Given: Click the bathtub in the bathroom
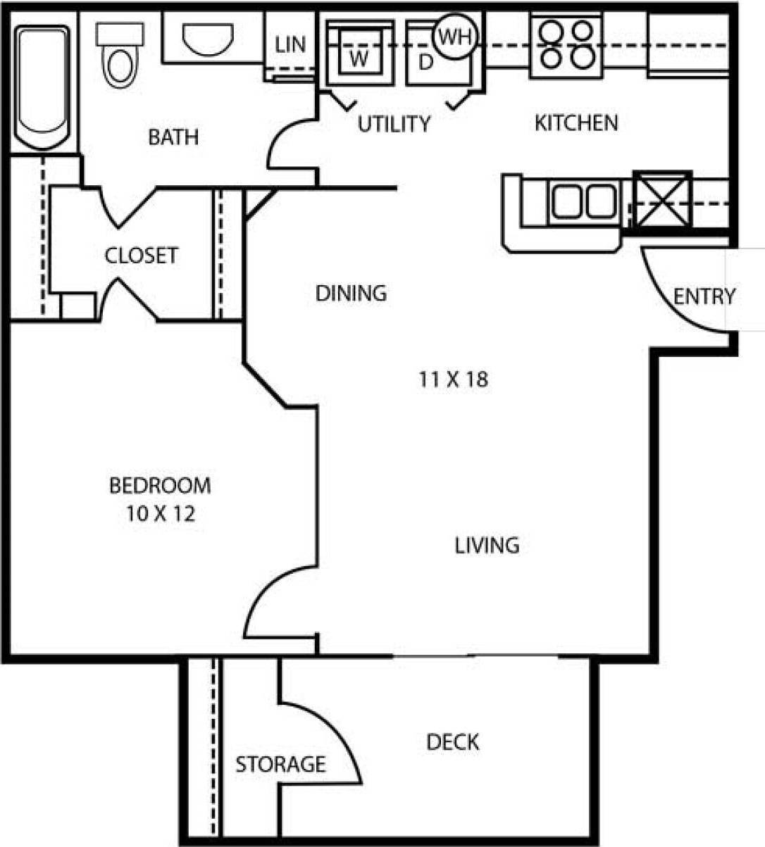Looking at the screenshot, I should pyautogui.click(x=42, y=88).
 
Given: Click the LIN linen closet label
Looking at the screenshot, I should pyautogui.click(x=290, y=45).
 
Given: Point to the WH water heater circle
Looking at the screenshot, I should pyautogui.click(x=455, y=36).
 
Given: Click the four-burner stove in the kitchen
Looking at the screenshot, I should pyautogui.click(x=566, y=44).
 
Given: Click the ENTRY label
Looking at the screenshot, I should pyautogui.click(x=704, y=296).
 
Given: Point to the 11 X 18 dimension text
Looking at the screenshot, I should pyautogui.click(x=453, y=380).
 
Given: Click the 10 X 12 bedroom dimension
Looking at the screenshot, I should pyautogui.click(x=161, y=515).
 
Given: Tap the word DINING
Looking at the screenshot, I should pyautogui.click(x=351, y=293).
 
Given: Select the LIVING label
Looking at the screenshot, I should pyautogui.click(x=487, y=545).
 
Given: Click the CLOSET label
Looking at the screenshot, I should pyautogui.click(x=141, y=255).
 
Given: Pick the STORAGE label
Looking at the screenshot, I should pyautogui.click(x=280, y=764).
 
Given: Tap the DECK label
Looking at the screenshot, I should pyautogui.click(x=452, y=742).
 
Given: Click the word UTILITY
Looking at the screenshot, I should pyautogui.click(x=393, y=124).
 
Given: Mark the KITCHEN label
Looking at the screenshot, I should pyautogui.click(x=576, y=123).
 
